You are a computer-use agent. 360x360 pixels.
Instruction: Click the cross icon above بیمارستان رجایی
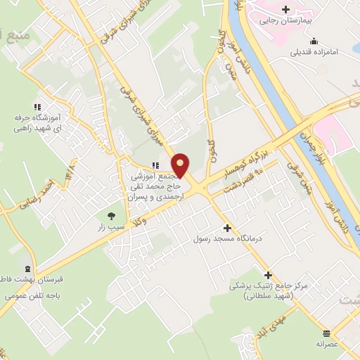click(285, 9)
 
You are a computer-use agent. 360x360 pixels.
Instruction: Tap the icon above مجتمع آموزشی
click(155, 165)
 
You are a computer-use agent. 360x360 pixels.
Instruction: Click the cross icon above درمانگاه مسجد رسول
click(226, 229)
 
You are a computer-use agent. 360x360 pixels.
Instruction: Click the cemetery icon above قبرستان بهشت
click(27, 269)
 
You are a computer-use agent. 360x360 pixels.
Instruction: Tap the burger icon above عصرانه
click(326, 333)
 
